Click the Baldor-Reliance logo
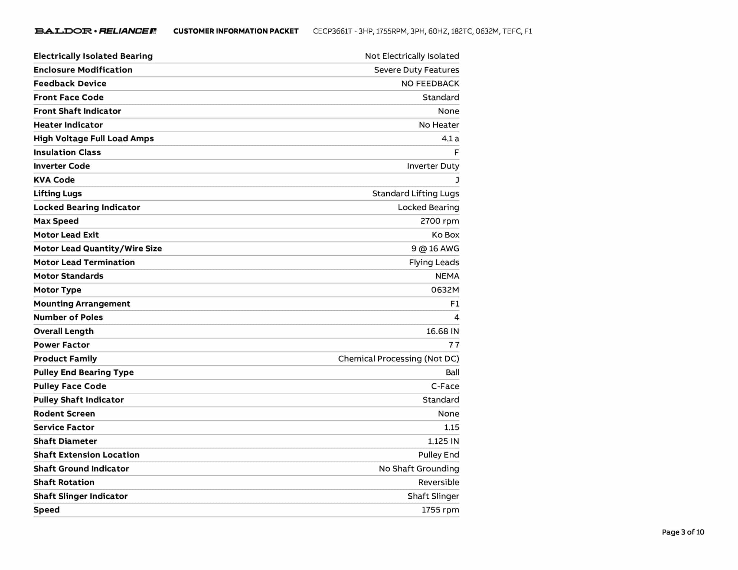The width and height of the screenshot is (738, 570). [x=95, y=31]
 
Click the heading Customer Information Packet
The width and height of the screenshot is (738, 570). [x=236, y=31]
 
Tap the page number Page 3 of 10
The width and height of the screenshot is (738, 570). [x=683, y=532]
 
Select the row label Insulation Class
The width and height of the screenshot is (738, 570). [x=67, y=152]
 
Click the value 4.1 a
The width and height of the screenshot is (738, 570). [x=450, y=139]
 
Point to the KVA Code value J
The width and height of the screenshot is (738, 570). [x=457, y=180]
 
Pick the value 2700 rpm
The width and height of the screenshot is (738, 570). [x=439, y=221]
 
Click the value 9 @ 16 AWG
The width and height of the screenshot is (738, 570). [x=435, y=249]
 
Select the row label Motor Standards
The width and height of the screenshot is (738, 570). [x=68, y=276]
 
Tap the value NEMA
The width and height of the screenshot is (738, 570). [x=447, y=276]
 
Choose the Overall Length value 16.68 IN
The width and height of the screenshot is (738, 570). [x=443, y=331]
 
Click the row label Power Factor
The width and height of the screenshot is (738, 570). [x=62, y=345]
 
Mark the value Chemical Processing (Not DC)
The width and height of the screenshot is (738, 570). [x=398, y=359]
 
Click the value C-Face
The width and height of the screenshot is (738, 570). [x=445, y=386]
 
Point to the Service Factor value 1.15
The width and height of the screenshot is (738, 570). [x=451, y=427]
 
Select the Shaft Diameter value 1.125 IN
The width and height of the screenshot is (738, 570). [x=443, y=441]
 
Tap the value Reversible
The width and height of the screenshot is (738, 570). [x=438, y=482]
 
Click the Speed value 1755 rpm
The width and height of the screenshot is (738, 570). [x=440, y=510]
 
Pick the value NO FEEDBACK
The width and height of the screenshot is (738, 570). [x=430, y=84]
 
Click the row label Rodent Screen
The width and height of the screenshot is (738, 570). [x=64, y=414]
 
